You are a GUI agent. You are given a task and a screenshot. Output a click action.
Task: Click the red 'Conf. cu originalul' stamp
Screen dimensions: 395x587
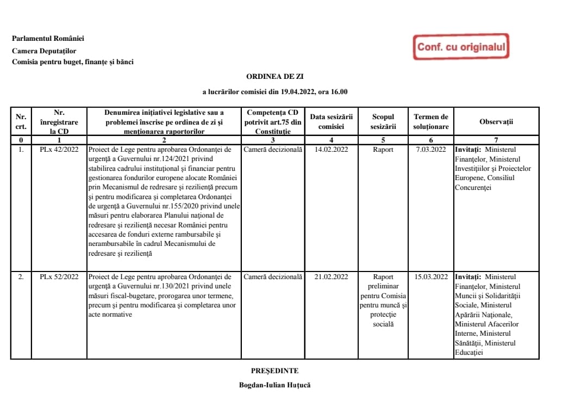[461, 47]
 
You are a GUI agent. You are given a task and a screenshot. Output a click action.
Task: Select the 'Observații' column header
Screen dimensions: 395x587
[496, 122]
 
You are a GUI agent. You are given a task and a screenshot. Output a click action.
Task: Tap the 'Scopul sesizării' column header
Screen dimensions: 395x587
[383, 122]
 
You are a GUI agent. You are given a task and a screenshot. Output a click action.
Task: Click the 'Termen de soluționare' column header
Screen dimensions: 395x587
[431, 122]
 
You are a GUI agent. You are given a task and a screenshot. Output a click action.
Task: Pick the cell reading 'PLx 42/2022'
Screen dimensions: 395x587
[59, 150]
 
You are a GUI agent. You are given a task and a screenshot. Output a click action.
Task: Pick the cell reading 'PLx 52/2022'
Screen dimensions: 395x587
[59, 277]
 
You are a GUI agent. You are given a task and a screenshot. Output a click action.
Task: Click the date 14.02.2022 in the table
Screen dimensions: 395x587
[332, 150]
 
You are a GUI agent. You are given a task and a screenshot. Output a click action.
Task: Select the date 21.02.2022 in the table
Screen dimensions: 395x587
[332, 277]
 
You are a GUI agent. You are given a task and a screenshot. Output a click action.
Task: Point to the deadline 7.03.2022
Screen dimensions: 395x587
[431, 150]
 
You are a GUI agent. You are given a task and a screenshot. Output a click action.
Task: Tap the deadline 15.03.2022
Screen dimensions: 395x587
[431, 277]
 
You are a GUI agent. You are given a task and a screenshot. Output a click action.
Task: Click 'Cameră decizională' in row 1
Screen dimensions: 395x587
[273, 150]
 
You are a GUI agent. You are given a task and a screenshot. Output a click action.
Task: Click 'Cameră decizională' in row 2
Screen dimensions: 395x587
[273, 277]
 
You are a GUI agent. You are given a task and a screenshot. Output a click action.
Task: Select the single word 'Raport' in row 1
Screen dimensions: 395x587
[383, 150]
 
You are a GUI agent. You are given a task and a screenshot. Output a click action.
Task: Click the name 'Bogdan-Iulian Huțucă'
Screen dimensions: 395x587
[274, 385]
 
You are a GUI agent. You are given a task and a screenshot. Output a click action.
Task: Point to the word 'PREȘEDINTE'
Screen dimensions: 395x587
[274, 371]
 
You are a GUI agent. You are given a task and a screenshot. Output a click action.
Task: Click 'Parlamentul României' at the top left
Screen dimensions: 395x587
[48, 39]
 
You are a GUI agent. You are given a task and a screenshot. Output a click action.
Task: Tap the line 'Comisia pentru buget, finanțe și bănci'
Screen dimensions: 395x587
[73, 62]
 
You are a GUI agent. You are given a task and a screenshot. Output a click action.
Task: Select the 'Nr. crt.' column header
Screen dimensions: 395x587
[21, 122]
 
